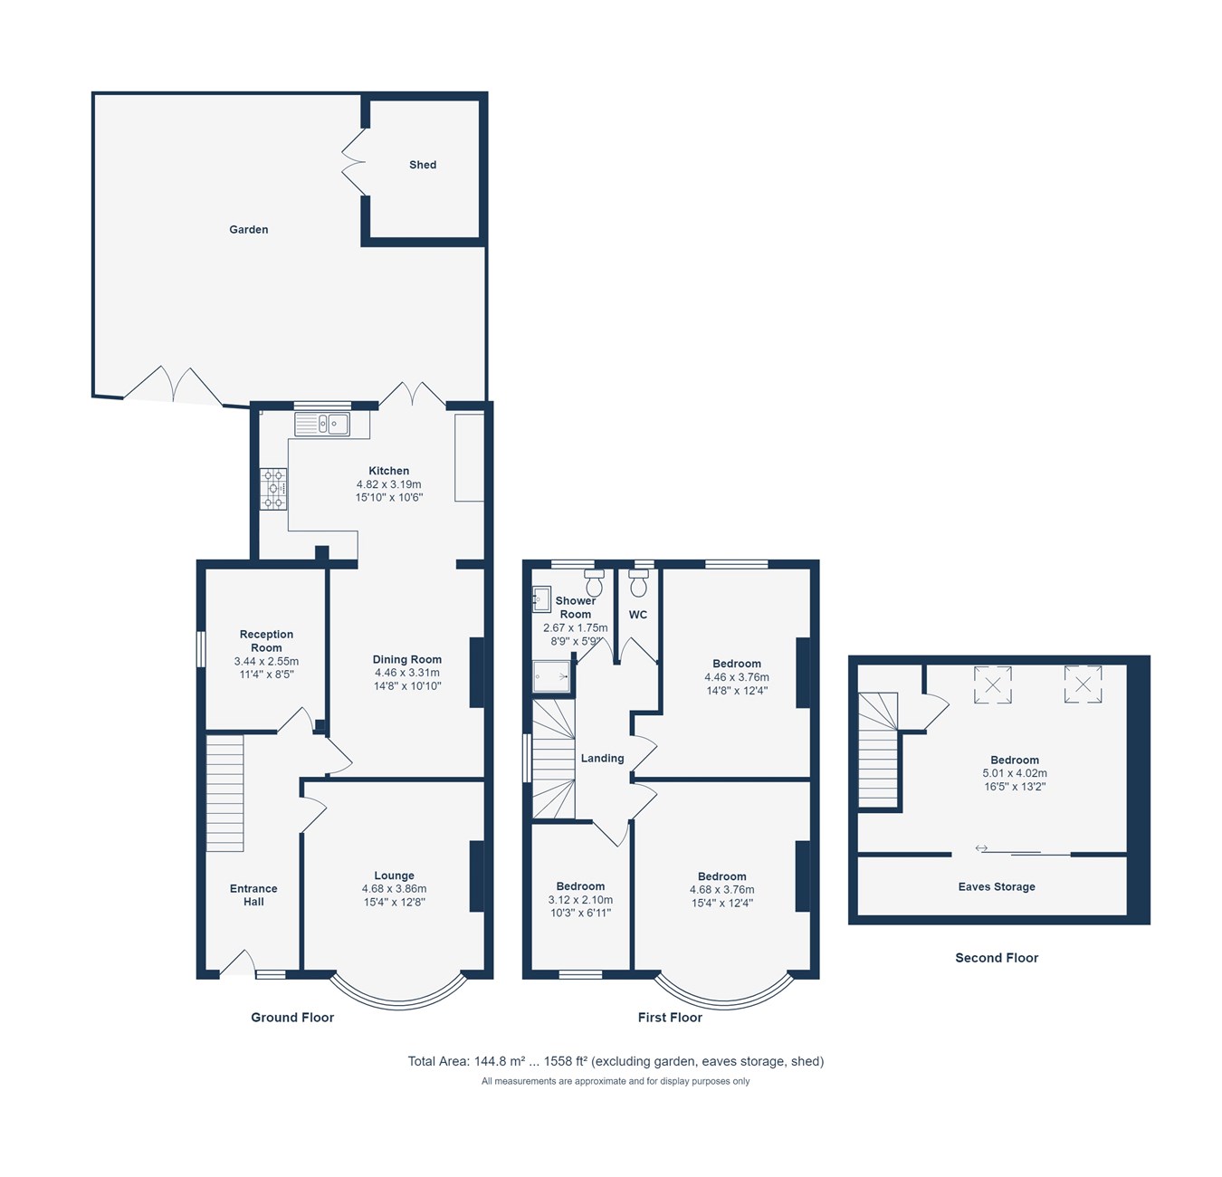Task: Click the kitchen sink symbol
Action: [x=321, y=424]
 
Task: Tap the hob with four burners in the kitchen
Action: [x=273, y=489]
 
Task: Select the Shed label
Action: [x=423, y=165]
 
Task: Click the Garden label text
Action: [x=248, y=230]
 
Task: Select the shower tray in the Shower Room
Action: [x=551, y=675]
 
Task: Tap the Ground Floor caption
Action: [x=292, y=1018]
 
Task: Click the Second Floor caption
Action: [x=997, y=958]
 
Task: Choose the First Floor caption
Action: [x=670, y=1018]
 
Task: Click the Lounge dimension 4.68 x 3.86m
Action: [x=394, y=889]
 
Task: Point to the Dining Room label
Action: [x=407, y=660]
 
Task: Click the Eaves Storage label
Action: [x=997, y=887]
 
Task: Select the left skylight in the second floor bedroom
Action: [x=992, y=684]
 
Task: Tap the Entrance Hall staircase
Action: [x=225, y=793]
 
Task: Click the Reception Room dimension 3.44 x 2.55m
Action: [x=266, y=662]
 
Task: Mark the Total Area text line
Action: [x=616, y=1061]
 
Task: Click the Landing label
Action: [x=602, y=759]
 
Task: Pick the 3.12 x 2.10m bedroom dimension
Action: [x=580, y=900]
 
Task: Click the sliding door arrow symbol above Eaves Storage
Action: [x=981, y=848]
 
